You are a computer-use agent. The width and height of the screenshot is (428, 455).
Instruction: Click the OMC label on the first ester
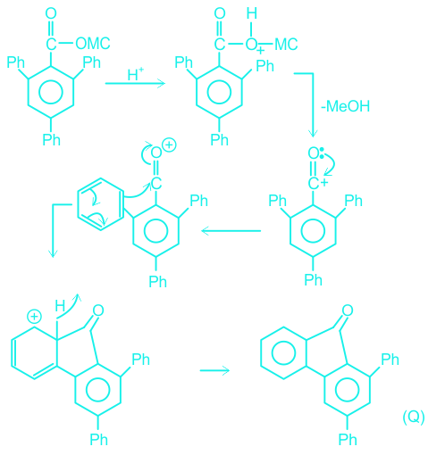pos(93,44)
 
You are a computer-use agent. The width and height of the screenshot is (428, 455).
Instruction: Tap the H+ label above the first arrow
pos(136,74)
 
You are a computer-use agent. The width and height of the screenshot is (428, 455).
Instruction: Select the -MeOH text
pos(345,106)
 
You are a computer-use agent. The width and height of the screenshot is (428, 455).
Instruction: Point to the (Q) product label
pos(414,417)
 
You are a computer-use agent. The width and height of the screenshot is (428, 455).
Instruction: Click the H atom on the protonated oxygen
pos(252,13)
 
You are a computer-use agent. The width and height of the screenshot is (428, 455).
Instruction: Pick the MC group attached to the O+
pos(286,45)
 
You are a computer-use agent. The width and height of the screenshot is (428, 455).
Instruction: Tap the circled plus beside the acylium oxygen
pos(169,145)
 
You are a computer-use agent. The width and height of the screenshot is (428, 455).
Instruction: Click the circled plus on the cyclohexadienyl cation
pos(34,317)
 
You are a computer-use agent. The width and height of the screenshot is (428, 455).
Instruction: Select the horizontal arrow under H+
pos(135,83)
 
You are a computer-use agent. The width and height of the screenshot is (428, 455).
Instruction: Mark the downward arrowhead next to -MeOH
pos(313,133)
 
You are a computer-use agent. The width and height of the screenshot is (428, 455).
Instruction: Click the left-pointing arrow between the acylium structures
pos(231,231)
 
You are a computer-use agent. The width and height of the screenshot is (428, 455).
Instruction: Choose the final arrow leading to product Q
pos(214,370)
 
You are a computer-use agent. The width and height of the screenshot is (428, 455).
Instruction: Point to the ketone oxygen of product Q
pos(348,310)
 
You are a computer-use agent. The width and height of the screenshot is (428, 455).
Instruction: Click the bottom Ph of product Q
pos(348,439)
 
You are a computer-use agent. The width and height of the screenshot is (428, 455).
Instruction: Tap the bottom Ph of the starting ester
pos(51,139)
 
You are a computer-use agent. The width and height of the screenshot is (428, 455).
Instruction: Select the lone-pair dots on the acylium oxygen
pos(322,153)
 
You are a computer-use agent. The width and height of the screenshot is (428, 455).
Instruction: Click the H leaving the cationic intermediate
pos(60,306)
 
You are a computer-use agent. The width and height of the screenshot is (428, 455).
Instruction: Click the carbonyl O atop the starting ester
pos(51,13)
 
